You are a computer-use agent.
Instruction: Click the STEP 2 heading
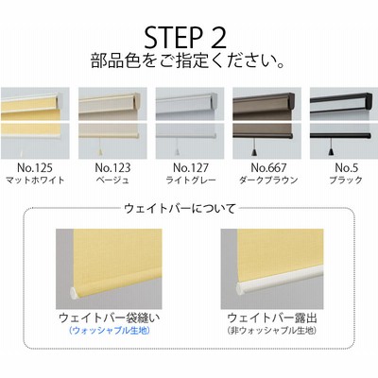(x=185, y=38)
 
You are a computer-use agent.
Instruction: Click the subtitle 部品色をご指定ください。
(x=188, y=60)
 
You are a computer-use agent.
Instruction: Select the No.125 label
(x=35, y=168)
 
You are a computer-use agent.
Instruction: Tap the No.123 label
(x=112, y=168)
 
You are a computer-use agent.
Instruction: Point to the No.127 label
(x=191, y=168)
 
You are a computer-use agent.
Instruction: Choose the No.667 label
(x=268, y=168)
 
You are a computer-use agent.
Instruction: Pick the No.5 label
(x=347, y=168)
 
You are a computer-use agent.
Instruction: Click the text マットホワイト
(x=35, y=180)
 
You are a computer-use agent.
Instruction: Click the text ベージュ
(x=112, y=180)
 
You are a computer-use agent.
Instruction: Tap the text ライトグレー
(x=191, y=180)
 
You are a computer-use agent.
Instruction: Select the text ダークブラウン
(x=268, y=180)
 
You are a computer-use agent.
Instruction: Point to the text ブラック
(x=346, y=180)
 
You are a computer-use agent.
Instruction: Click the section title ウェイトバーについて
(x=180, y=209)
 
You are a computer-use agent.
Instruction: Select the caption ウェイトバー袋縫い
(x=110, y=318)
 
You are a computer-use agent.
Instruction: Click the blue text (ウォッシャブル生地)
(x=109, y=331)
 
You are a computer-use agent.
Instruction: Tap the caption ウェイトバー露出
(x=272, y=318)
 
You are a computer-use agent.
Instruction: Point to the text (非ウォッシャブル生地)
(x=272, y=331)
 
